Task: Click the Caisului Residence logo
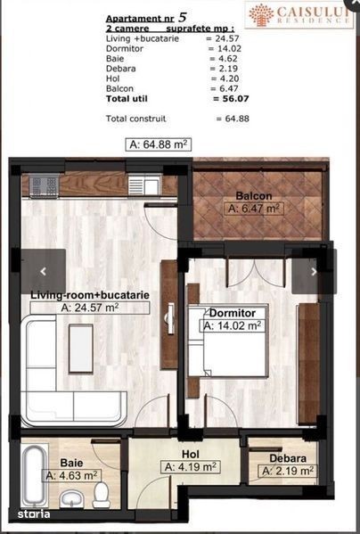[299, 15]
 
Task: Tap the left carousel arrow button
[43, 271]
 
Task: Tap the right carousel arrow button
[314, 271]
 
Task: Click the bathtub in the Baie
[35, 476]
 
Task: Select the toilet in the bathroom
[102, 494]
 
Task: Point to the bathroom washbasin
[71, 498]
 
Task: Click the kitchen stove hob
[44, 185]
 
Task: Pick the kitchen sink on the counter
[144, 186]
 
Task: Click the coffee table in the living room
[81, 349]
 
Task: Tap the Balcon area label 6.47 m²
[254, 208]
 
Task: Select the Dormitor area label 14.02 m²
[233, 325]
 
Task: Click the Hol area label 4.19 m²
[190, 467]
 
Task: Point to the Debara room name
[288, 458]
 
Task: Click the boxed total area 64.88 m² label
[159, 144]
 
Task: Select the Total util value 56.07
[232, 99]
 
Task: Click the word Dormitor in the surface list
[125, 48]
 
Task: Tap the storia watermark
[34, 513]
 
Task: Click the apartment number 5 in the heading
[183, 18]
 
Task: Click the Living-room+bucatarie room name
[90, 295]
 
